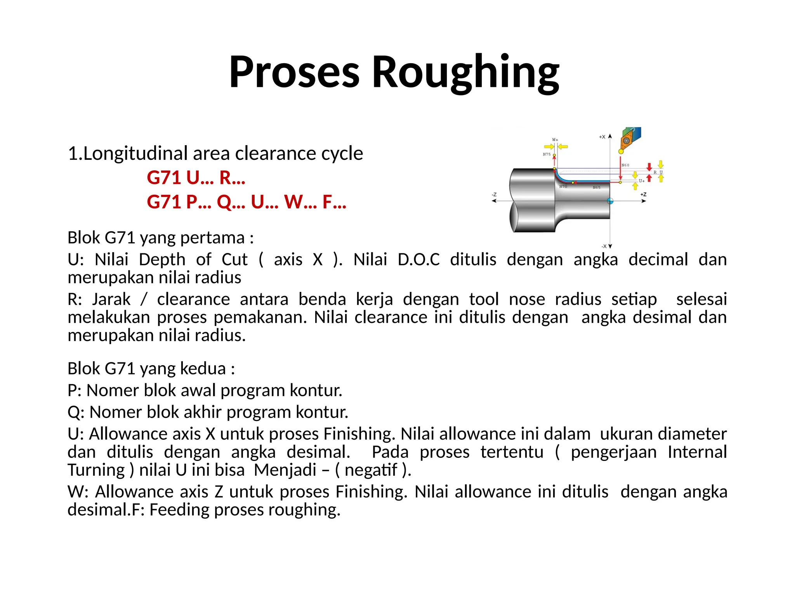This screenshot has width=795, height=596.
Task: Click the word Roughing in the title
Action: click(x=465, y=72)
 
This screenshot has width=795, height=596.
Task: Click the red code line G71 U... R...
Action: click(x=196, y=178)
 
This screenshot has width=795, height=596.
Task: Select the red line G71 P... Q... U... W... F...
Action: click(x=246, y=202)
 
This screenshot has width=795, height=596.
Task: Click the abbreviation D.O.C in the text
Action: click(x=418, y=259)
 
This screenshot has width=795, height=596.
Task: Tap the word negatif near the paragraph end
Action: click(x=371, y=470)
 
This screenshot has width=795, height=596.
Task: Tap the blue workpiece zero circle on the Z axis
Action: click(x=610, y=201)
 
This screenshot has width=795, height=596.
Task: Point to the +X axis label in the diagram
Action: click(x=602, y=137)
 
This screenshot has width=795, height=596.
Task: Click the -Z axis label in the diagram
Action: click(x=494, y=194)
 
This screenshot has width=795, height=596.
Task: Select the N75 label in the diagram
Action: click(x=547, y=154)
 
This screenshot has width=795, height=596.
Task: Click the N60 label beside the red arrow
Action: click(x=625, y=165)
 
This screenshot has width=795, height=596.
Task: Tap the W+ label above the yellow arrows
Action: click(x=555, y=140)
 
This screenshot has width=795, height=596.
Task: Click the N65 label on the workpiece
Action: click(x=597, y=188)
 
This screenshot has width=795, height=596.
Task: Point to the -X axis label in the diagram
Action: click(x=604, y=246)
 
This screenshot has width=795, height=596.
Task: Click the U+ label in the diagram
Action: click(x=642, y=181)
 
